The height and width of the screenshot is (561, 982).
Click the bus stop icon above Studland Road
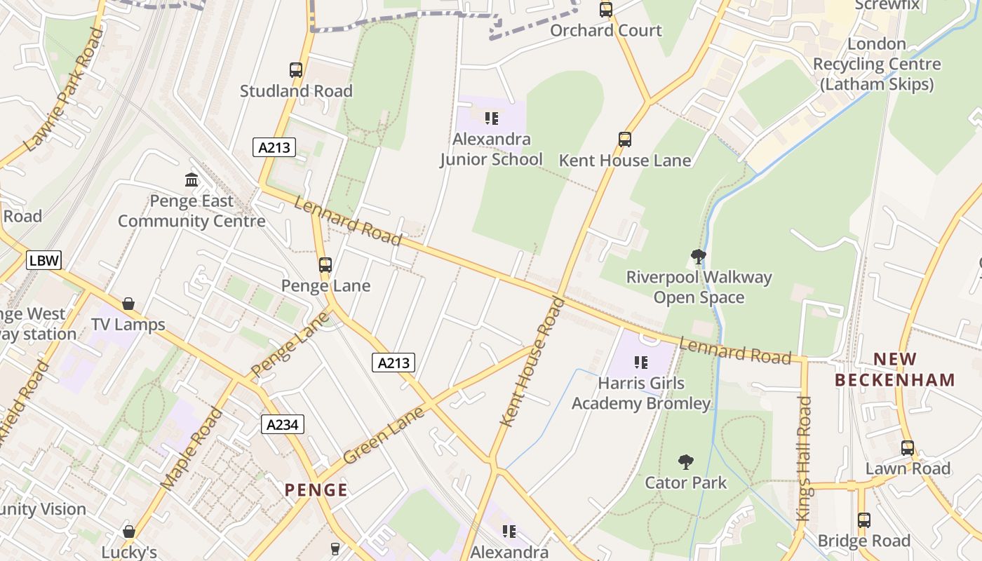[x=296, y=70]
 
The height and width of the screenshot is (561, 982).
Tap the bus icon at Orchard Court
[x=606, y=10]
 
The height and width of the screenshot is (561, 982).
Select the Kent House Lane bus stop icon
[x=625, y=140]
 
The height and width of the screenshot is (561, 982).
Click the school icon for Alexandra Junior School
[x=492, y=119]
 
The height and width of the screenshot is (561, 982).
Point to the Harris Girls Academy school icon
[x=640, y=363]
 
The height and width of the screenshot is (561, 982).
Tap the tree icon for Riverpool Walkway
[x=698, y=257]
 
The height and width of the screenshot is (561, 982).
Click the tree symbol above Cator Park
[x=686, y=462]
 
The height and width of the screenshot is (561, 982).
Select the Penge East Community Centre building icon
[x=191, y=180]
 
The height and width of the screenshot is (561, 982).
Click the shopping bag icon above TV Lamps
[x=128, y=304]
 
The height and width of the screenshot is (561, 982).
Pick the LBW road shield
[x=44, y=261]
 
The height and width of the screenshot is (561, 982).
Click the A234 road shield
[x=283, y=424]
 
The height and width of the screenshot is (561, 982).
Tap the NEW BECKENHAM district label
[x=896, y=370]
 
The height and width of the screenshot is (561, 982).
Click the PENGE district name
[x=316, y=489]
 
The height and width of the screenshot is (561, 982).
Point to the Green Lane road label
[x=384, y=435]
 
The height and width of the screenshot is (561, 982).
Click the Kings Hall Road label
[x=804, y=459]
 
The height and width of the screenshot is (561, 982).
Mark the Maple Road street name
[x=191, y=449]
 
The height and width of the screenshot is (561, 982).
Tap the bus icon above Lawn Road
[x=908, y=447]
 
